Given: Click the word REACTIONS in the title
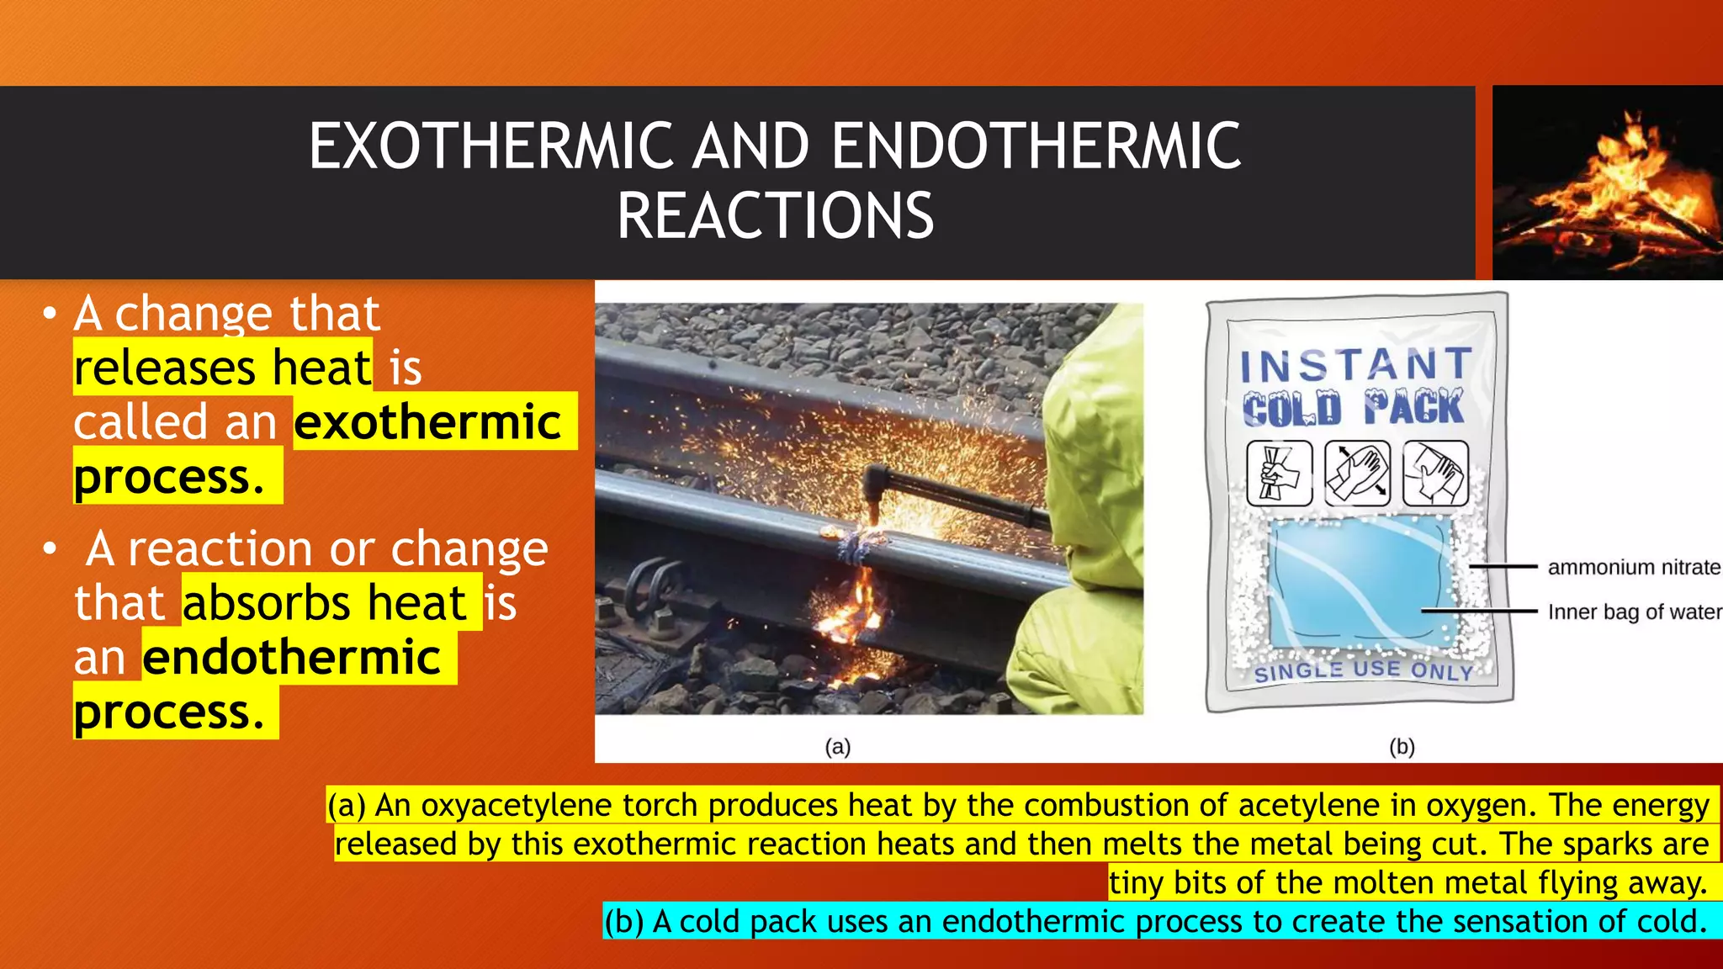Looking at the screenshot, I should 775,216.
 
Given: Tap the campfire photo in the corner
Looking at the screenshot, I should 1607,183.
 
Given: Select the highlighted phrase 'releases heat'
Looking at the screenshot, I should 223,368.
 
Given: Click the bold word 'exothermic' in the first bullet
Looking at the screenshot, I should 427,421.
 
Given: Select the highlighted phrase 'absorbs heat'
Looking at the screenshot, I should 325,603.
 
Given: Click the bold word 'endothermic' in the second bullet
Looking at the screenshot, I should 292,657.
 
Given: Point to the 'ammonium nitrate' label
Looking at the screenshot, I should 1633,568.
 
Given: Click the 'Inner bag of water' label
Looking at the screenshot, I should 1633,612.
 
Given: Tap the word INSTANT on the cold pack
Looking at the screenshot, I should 1355,365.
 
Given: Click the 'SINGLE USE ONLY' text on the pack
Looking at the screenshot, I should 1363,671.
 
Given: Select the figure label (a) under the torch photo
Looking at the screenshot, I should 837,747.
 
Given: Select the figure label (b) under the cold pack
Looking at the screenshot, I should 1402,747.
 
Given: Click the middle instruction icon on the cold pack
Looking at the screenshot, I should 1357,474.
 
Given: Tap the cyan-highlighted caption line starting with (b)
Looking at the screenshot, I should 1154,922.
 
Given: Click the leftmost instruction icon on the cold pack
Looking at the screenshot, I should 1279,474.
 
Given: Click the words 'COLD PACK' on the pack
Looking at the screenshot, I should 1353,409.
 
